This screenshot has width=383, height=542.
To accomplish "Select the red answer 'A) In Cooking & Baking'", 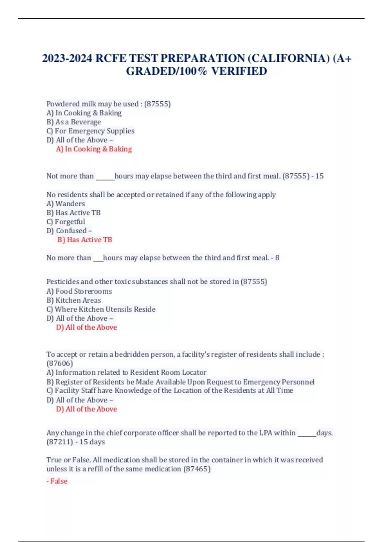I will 94,149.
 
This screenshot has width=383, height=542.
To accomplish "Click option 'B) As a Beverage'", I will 73,122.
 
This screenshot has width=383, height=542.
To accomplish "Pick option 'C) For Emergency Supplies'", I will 90,131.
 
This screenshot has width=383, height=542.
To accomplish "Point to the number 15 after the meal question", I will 319,176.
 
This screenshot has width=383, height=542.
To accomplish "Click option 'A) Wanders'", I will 66,204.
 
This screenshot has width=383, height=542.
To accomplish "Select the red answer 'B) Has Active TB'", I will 85,240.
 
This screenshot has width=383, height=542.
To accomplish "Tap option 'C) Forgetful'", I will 66,222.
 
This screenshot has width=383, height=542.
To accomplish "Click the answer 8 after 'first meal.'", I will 277,258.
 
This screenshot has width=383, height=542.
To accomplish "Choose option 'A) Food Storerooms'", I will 79,291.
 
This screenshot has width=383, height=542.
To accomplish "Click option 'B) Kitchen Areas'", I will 74,300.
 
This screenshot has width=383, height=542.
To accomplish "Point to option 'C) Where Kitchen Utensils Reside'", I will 101,309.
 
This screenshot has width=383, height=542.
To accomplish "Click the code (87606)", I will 60,363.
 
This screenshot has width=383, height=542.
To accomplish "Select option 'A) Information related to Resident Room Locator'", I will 126,372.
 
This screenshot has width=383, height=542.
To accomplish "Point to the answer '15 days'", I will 92,442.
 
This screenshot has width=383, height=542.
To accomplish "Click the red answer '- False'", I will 57,481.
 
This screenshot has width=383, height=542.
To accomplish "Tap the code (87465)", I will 197,469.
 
